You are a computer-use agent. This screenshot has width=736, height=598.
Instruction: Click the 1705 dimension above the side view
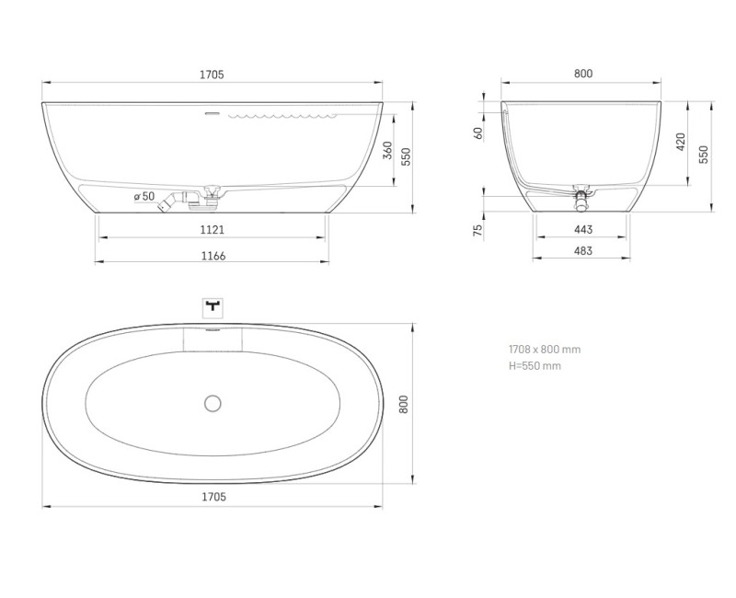tap(213, 74)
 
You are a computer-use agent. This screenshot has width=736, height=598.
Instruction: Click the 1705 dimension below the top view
tap(213, 497)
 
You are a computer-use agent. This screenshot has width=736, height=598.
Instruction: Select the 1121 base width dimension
tap(212, 229)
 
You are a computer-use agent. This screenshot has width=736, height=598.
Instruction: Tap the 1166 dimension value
tap(212, 256)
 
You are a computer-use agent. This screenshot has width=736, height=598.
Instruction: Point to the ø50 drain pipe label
tap(143, 196)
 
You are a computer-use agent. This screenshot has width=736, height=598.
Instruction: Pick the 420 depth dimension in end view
tap(681, 142)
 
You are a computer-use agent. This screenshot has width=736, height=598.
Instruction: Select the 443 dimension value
tap(582, 229)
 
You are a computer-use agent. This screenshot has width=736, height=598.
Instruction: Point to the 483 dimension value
tap(582, 250)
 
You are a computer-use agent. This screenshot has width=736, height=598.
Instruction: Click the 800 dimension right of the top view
tap(402, 403)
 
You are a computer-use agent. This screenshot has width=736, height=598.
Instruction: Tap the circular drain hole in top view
tap(213, 402)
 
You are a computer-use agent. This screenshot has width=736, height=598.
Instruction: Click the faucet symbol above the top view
tap(213, 305)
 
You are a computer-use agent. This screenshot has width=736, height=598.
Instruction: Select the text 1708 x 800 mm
tap(545, 349)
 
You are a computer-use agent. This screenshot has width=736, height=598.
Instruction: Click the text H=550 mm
tap(535, 365)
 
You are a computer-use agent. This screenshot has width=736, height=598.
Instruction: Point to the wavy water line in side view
tap(285, 116)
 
